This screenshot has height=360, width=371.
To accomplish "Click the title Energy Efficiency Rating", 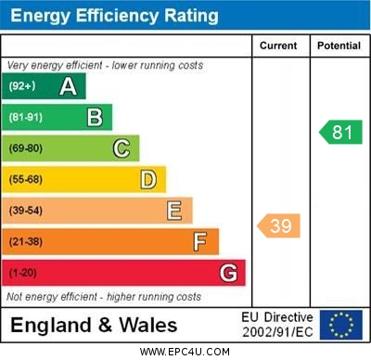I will tap(115, 16).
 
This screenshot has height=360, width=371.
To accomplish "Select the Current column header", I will tap(278, 45).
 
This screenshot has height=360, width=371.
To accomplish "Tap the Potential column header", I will tap(339, 45).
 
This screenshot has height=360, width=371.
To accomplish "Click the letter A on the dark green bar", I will tap(68, 86).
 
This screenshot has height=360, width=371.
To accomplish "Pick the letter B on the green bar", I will tap(95, 117).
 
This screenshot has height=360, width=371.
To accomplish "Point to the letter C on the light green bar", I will tap(122, 148).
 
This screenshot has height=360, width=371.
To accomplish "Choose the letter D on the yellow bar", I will tap(148, 179).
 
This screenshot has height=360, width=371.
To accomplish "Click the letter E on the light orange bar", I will tap(174, 211).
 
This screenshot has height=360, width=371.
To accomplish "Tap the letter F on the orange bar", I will tap(200, 242).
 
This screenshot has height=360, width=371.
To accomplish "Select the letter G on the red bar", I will tap(228, 273).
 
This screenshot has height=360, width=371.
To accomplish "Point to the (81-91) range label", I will tap(25, 118).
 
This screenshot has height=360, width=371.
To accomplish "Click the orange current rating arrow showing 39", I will tap(279, 225).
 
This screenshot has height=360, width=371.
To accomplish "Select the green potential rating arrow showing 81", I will tap(340, 132).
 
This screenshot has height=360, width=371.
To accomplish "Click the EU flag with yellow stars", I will tap(341, 325).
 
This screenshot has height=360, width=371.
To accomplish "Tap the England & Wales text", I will tap(94, 325).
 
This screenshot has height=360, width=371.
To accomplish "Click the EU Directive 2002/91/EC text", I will tap(279, 325).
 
